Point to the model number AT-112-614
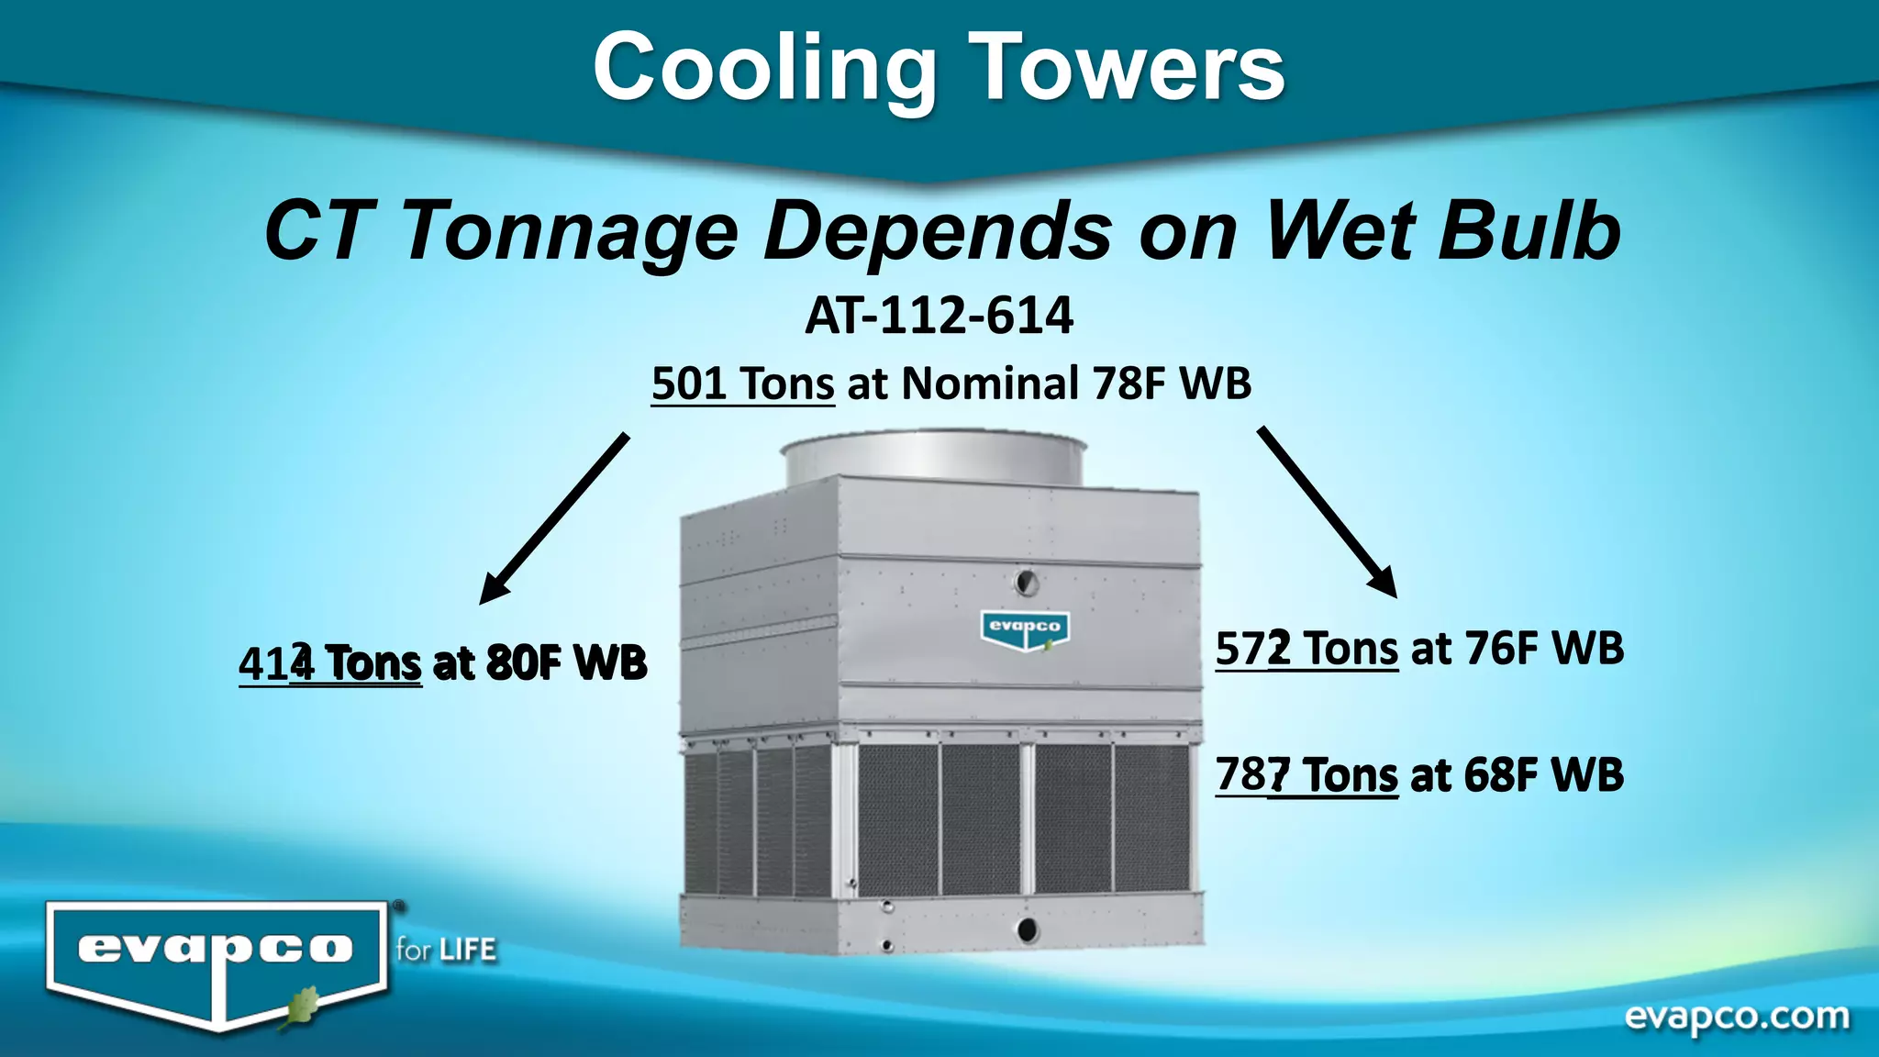[x=939, y=316]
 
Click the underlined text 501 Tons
[x=742, y=384]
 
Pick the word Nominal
[x=990, y=384]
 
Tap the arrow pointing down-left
[x=554, y=518]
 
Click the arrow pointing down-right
[x=1327, y=511]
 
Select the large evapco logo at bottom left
[x=217, y=959]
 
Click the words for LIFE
[x=446, y=950]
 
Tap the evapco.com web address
[x=1737, y=1017]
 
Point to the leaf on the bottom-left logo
[x=298, y=1007]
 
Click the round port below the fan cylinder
[x=1026, y=581]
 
